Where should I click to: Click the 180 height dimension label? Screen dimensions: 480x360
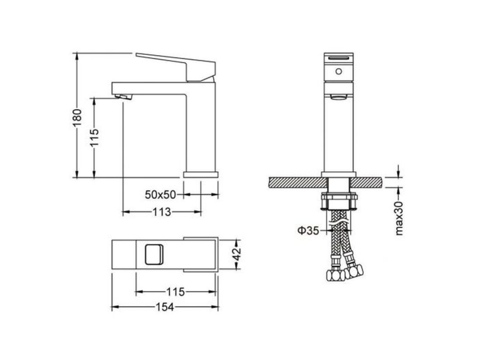click(x=77, y=117)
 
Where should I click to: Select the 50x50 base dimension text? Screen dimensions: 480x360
click(x=160, y=194)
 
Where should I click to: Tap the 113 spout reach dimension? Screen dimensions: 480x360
click(x=162, y=211)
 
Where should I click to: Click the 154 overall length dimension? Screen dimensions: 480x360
click(x=165, y=307)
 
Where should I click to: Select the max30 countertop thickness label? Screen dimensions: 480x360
click(x=399, y=218)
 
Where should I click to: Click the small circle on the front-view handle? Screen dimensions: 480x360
click(x=338, y=71)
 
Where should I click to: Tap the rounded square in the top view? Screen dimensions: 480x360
click(x=154, y=254)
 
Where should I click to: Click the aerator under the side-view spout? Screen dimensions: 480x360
click(x=124, y=97)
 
